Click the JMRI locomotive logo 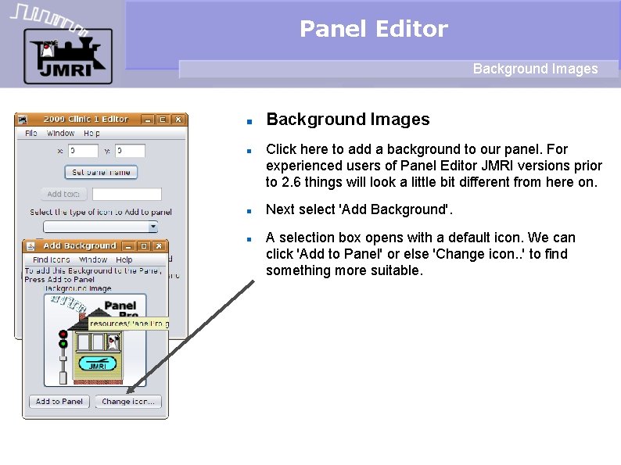pos(67,56)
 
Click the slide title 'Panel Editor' pos(373,29)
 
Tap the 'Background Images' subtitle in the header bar pos(535,69)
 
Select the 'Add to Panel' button pos(59,402)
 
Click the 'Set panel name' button pos(101,172)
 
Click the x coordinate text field pos(84,151)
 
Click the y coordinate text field pos(130,151)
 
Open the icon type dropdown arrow pos(153,227)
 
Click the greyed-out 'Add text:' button pos(63,194)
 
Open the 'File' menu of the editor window pos(31,134)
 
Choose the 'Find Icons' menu pos(52,259)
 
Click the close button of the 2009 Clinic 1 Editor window pos(178,120)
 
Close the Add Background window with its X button pos(158,246)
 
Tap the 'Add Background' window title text pos(80,246)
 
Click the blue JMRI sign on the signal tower pos(97,365)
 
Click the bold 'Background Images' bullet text pos(348,120)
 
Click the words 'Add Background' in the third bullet pos(411,209)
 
